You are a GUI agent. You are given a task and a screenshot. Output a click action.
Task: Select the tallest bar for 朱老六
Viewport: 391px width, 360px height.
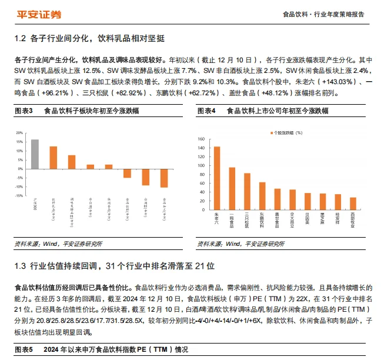217,179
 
